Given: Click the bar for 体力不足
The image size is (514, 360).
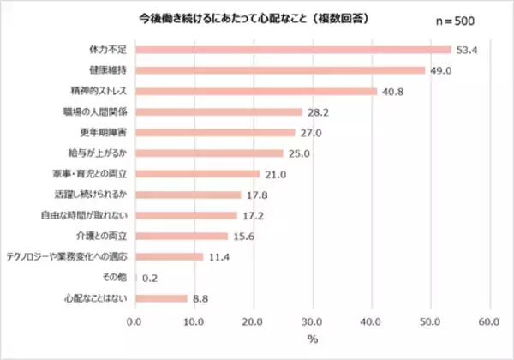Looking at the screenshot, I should (292, 50).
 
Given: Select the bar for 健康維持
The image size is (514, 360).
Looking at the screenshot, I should (279, 70).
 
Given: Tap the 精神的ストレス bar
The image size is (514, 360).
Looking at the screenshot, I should (255, 91).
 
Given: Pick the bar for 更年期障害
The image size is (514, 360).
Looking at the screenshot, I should (214, 132).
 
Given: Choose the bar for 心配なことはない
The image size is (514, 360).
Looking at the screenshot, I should (160, 298).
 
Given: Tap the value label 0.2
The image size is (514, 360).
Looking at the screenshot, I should (149, 278).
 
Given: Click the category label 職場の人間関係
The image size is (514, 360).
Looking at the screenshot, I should (100, 111).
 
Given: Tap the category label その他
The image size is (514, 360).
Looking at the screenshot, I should (117, 278).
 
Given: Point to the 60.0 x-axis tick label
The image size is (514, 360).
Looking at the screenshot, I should (489, 322).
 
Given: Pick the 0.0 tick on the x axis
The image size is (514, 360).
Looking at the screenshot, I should (134, 322).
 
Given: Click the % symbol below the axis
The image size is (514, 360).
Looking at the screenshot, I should (312, 340).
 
